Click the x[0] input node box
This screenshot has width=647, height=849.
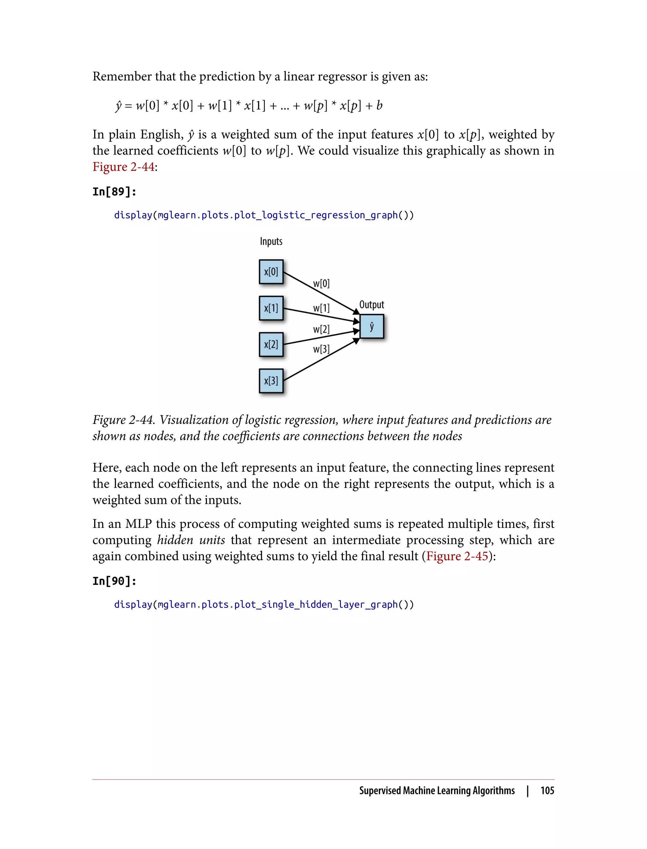tap(271, 272)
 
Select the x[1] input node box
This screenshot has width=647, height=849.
tap(271, 308)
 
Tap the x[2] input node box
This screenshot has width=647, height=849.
tap(271, 344)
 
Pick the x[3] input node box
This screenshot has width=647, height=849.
tap(271, 381)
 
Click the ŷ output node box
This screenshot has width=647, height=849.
tap(372, 327)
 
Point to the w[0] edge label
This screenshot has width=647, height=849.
tap(321, 284)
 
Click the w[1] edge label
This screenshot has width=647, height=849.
tap(321, 308)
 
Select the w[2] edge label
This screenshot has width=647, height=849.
tap(321, 329)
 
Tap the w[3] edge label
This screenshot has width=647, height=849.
tap(321, 349)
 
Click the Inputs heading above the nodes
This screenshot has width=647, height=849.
tap(271, 241)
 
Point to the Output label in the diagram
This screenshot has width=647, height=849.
tap(372, 304)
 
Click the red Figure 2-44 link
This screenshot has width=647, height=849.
tap(123, 167)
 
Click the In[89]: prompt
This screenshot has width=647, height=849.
tap(114, 191)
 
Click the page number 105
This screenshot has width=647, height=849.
tap(547, 791)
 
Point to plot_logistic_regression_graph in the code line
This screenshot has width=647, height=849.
tap(316, 215)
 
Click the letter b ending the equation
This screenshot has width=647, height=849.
tap(379, 105)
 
